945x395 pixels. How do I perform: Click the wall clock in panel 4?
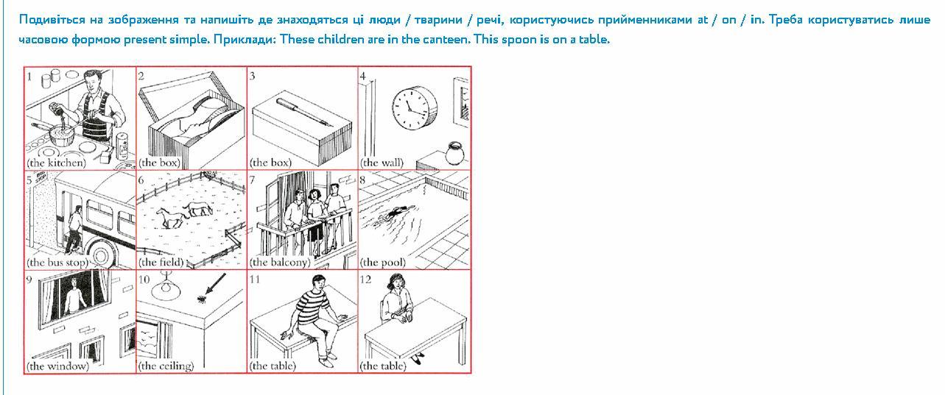[x=415, y=107]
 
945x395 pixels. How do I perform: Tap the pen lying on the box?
[x=301, y=113]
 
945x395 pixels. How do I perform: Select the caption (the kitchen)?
[x=56, y=163]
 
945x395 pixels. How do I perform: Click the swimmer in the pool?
[x=396, y=213]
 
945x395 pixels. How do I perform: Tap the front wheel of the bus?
[x=102, y=254]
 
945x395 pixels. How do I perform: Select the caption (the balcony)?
[x=280, y=263]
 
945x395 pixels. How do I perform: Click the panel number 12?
[x=365, y=280]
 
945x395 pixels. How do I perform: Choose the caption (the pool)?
[x=383, y=263]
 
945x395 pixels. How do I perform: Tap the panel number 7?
[x=253, y=180]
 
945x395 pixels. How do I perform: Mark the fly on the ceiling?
[x=201, y=299]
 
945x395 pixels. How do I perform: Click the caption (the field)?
[x=161, y=263]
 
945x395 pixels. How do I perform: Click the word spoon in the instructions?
[x=520, y=40]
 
